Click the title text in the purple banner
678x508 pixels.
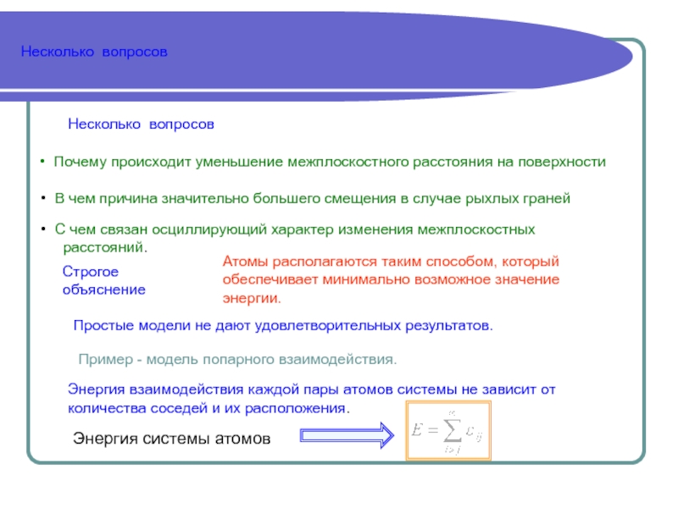94,52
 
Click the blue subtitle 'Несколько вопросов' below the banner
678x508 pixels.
141,124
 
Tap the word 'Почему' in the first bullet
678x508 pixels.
77,161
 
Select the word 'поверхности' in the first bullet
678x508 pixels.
568,161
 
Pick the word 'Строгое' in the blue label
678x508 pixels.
91,272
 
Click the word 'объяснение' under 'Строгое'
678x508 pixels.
104,290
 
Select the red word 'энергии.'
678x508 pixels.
251,299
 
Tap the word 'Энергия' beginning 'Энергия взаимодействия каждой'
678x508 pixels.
96,390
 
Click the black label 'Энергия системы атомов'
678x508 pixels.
171,439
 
